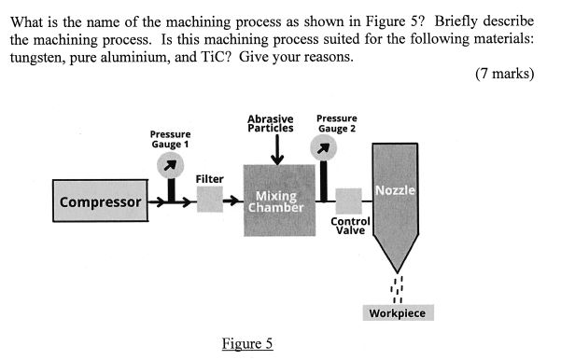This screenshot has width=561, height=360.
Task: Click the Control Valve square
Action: pyautogui.click(x=348, y=201)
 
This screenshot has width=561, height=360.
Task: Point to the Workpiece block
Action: pyautogui.click(x=398, y=312)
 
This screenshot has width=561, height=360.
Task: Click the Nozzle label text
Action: pyautogui.click(x=395, y=190)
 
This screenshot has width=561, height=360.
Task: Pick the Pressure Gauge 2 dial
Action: pyautogui.click(x=323, y=146)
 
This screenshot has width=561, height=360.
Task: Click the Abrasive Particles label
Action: pyautogui.click(x=271, y=123)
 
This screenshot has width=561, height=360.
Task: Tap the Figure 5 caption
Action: pyautogui.click(x=247, y=343)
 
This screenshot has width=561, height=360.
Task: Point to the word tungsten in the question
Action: pyautogui.click(x=35, y=57)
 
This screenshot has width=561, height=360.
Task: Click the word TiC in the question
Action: pyautogui.click(x=211, y=57)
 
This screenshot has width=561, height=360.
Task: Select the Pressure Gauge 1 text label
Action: pyautogui.click(x=171, y=139)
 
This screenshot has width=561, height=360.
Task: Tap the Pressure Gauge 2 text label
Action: pyautogui.click(x=336, y=123)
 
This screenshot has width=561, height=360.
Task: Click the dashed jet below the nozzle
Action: pyautogui.click(x=398, y=287)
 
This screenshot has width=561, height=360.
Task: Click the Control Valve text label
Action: pyautogui.click(x=351, y=226)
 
